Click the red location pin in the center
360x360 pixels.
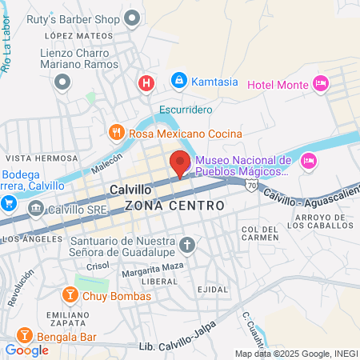[180, 162]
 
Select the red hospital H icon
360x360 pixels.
[146, 82]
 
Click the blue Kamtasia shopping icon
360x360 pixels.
[178, 81]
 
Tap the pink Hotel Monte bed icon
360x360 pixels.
[320, 84]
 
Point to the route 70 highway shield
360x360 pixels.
[252, 186]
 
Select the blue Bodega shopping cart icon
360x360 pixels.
[9, 202]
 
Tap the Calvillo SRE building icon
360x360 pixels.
[35, 209]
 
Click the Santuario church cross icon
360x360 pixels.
[187, 245]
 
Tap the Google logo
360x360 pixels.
[26, 350]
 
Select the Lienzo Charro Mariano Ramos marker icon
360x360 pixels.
[63, 81]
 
